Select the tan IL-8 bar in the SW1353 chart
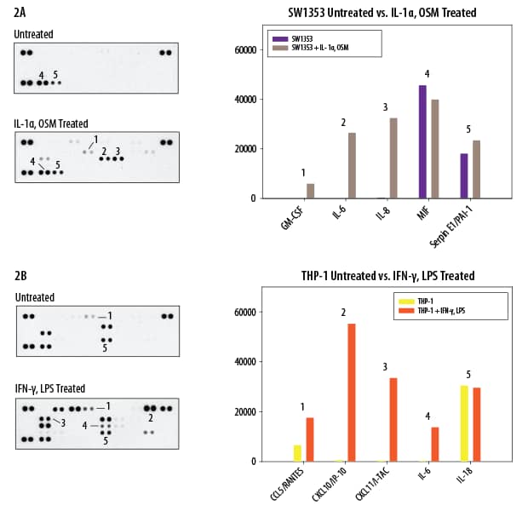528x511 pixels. pyautogui.click(x=393, y=158)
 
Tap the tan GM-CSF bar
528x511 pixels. pyautogui.click(x=310, y=191)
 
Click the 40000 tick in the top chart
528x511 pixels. pyautogui.click(x=244, y=100)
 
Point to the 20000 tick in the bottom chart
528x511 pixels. pyautogui.click(x=244, y=412)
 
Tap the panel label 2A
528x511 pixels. pyautogui.click(x=20, y=13)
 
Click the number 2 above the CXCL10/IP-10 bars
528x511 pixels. pyautogui.click(x=343, y=313)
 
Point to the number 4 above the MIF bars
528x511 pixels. pyautogui.click(x=427, y=74)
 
